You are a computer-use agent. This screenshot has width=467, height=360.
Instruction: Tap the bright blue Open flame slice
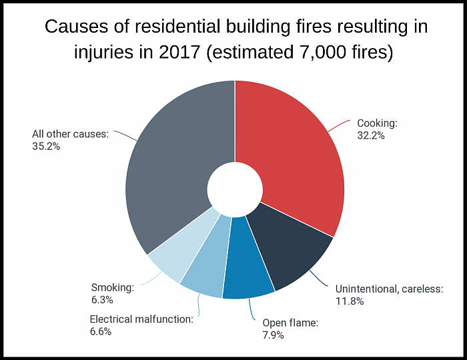coord(248,262)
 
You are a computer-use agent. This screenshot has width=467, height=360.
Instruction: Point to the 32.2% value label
coord(371,136)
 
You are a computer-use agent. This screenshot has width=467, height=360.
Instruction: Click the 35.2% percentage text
coord(46,147)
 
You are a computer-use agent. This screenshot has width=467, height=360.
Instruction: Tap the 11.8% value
coord(350,301)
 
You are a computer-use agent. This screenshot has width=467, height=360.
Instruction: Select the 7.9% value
coord(273,335)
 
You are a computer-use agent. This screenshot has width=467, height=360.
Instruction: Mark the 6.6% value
coord(101,331)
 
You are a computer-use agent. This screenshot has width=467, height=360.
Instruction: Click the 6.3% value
coord(102,299)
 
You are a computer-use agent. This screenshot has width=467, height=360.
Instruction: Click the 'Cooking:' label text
coord(377,123)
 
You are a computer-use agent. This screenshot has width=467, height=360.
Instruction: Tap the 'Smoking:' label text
coord(113,287)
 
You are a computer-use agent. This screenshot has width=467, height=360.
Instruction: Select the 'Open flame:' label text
coord(290,323)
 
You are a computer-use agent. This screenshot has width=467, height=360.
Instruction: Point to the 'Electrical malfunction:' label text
coord(141,319)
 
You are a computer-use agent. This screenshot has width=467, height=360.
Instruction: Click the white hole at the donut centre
coord(235,189)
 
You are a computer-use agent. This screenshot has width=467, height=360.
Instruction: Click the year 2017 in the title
coord(179,52)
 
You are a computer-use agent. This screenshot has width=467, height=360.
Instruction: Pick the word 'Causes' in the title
coord(76,26)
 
